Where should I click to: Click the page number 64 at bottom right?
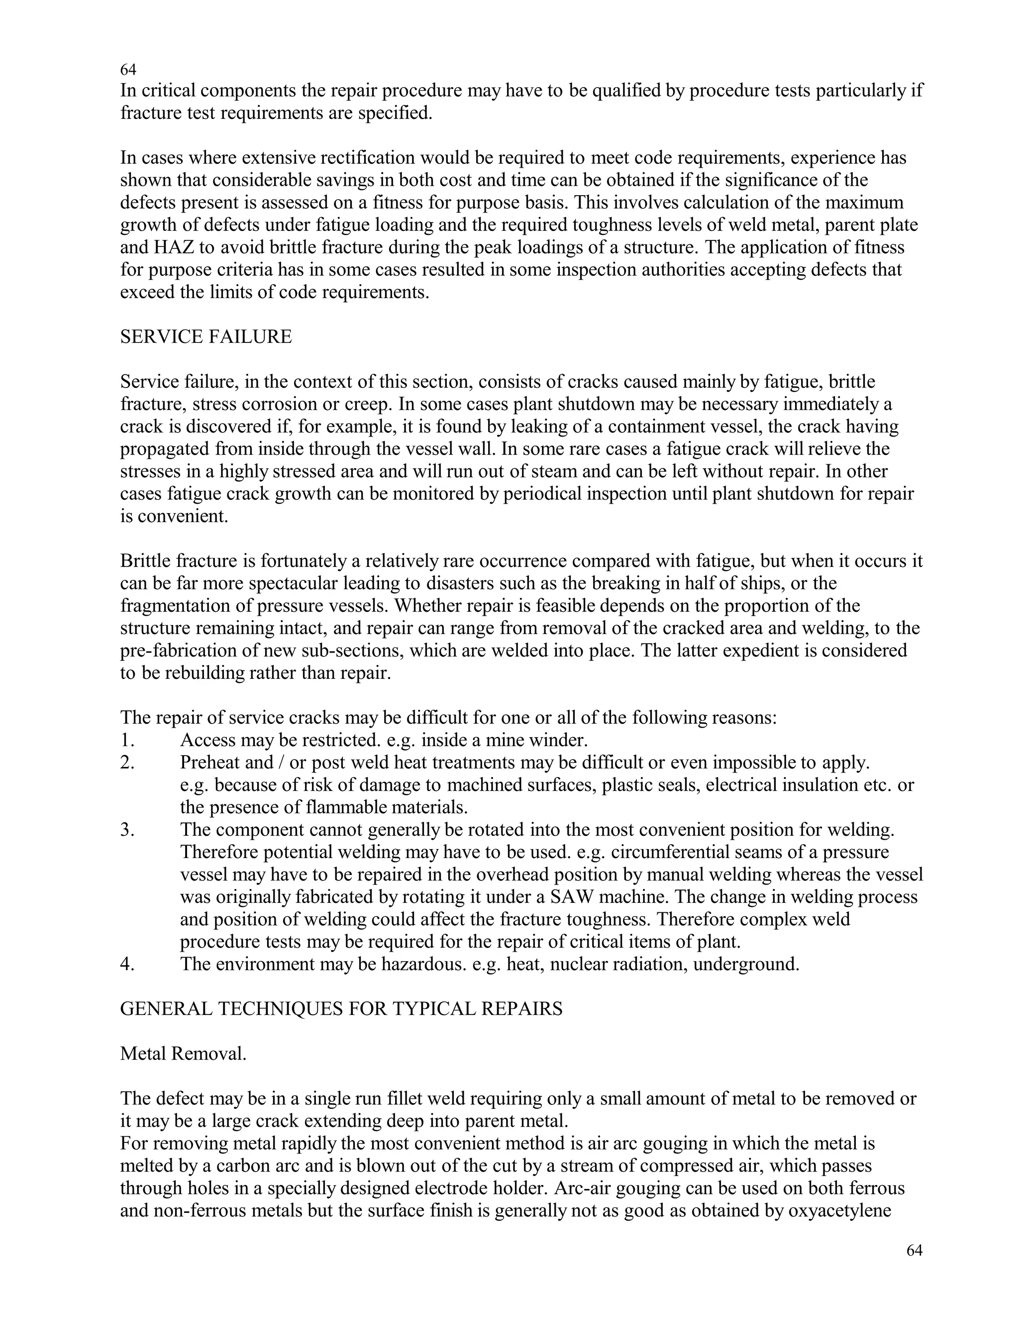coord(914,1250)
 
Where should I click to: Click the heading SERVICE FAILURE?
coord(206,337)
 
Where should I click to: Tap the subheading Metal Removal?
coord(183,1053)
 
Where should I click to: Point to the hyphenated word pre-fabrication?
coord(179,651)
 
